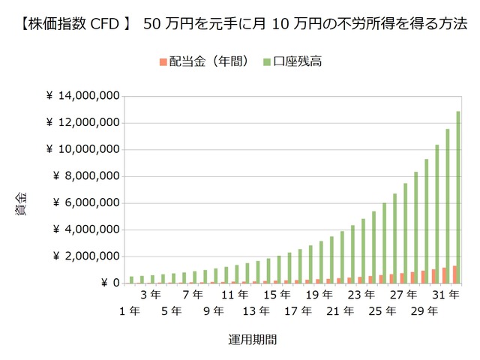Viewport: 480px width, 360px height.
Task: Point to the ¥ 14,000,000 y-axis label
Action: click(x=82, y=96)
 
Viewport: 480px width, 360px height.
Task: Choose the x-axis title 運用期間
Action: click(x=252, y=339)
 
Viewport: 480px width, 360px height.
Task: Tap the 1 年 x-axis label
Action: click(x=130, y=310)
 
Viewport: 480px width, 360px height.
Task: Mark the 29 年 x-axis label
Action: click(x=424, y=310)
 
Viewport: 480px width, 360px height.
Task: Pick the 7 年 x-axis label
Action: click(x=193, y=295)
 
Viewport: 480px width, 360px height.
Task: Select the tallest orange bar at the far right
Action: click(x=454, y=274)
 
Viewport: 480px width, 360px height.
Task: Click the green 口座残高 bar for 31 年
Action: click(x=447, y=206)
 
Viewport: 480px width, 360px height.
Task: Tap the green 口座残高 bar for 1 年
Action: click(x=131, y=280)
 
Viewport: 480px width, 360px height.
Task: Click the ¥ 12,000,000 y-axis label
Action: click(x=82, y=123)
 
